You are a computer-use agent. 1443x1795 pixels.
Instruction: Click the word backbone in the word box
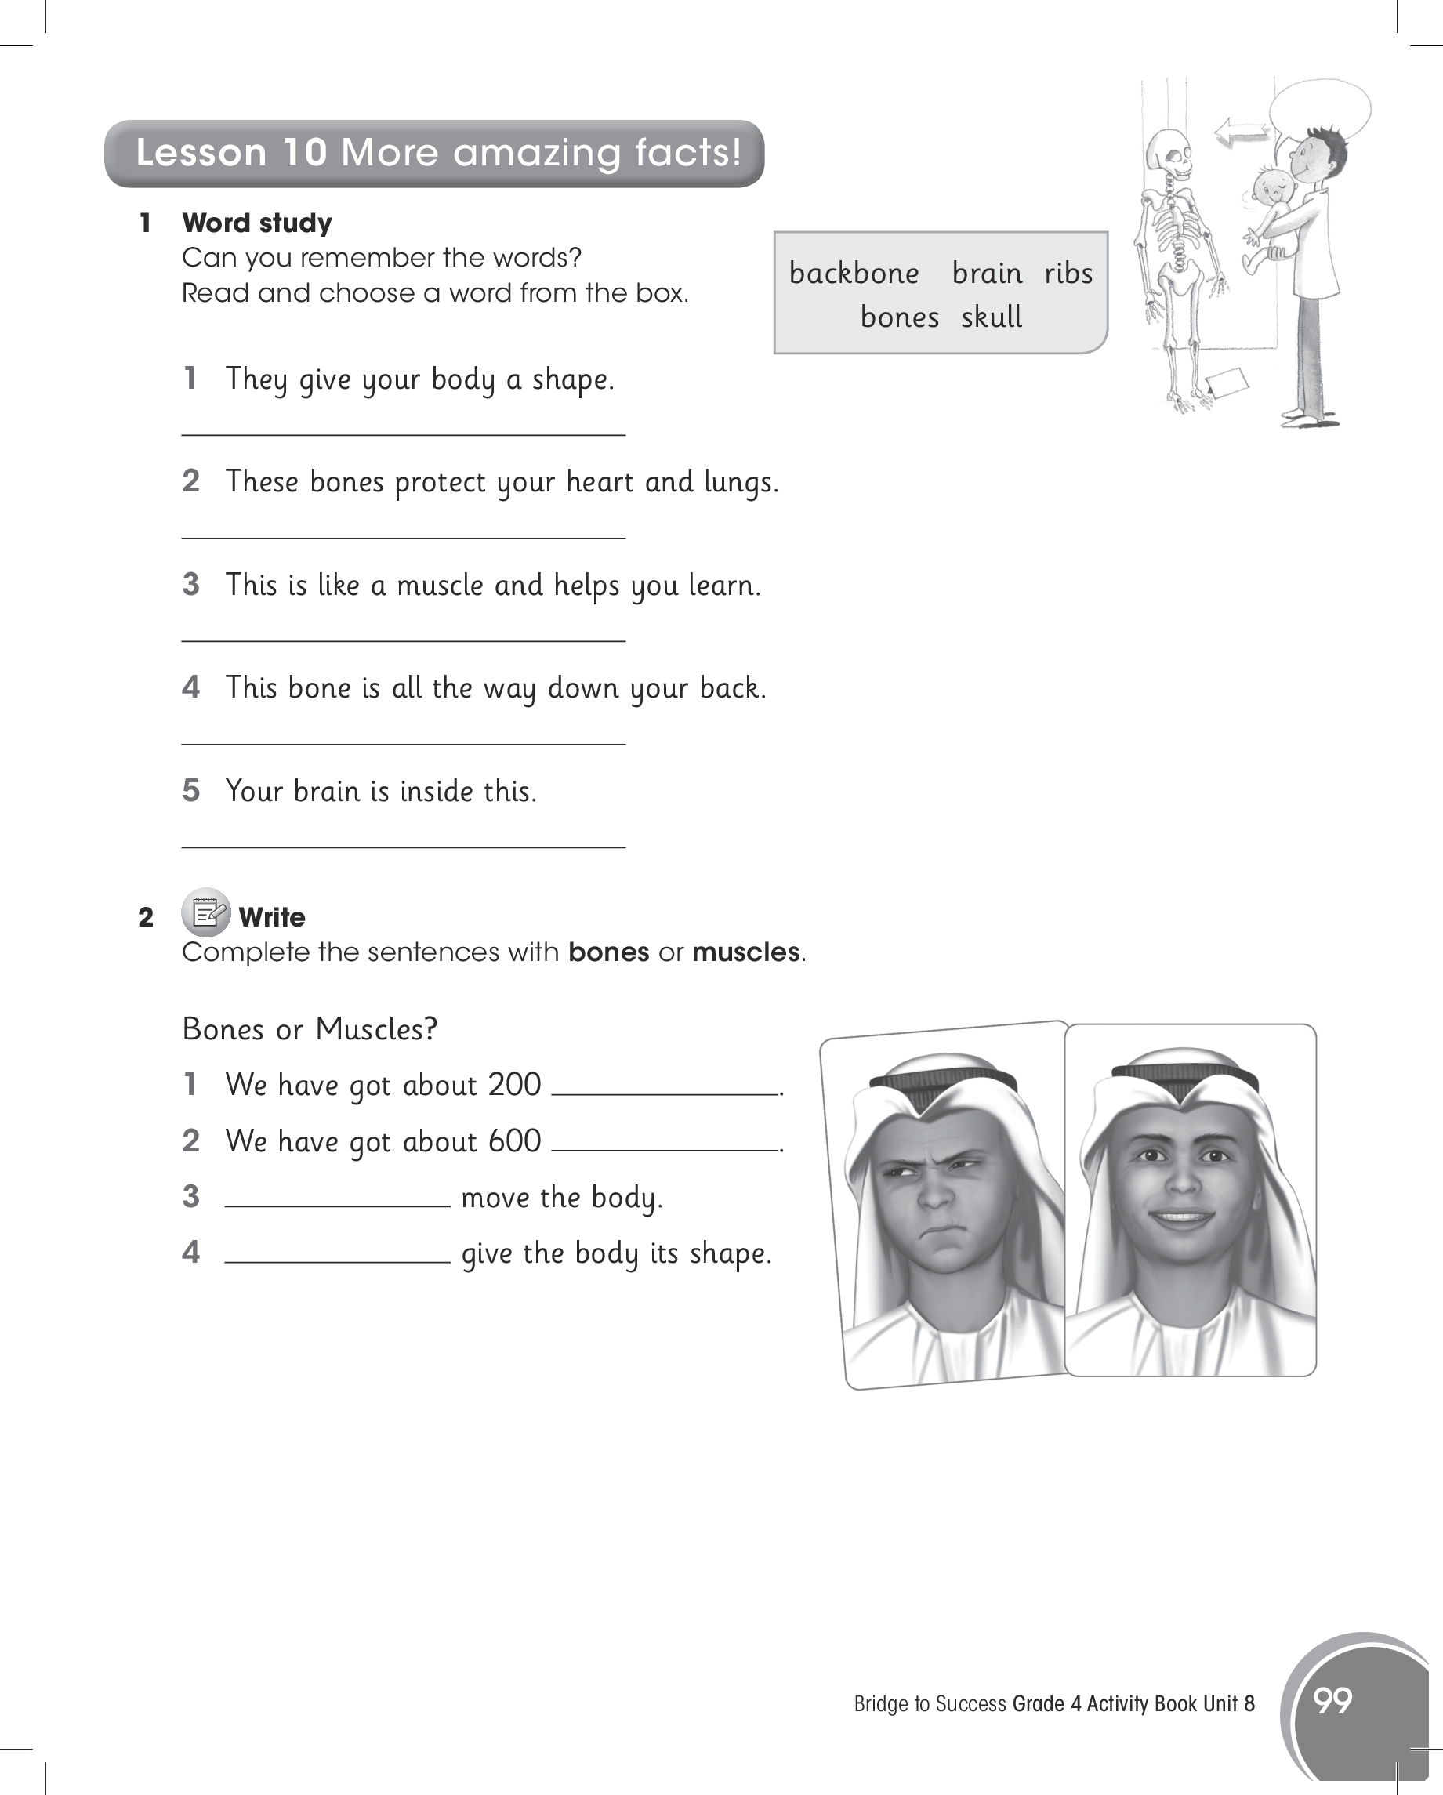click(854, 273)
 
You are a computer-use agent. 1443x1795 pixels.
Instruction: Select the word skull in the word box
click(991, 317)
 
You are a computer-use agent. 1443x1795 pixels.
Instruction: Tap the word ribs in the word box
click(1068, 273)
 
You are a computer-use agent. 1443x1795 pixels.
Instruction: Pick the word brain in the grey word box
click(987, 273)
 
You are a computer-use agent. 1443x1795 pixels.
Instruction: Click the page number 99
click(1332, 1700)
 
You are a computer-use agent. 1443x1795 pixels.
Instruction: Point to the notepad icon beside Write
click(205, 913)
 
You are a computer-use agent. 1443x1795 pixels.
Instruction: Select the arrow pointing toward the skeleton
click(1240, 131)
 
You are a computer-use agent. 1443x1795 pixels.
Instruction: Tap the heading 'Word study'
click(256, 223)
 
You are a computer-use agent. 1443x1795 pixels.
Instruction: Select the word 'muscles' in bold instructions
click(745, 952)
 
